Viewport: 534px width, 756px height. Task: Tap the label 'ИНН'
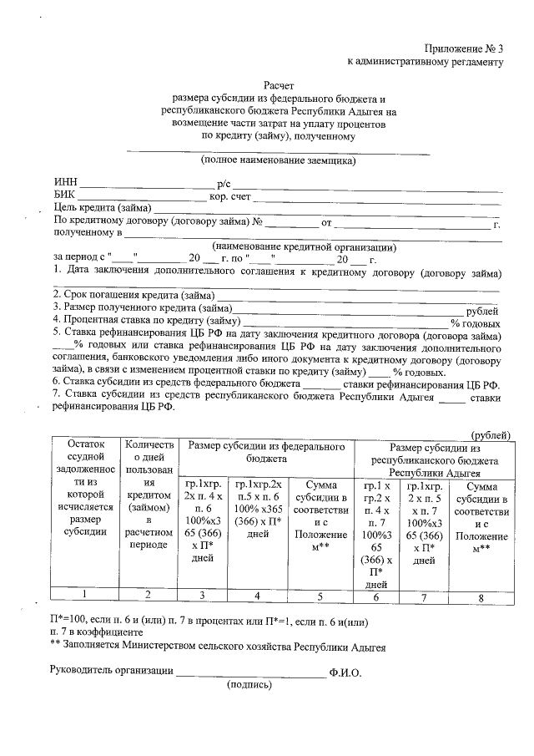(65, 183)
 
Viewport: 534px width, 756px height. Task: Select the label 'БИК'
(64, 195)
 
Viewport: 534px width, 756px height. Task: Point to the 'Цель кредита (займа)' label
(101, 209)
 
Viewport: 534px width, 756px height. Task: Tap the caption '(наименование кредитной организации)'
(303, 247)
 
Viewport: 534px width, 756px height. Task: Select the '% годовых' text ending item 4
(476, 322)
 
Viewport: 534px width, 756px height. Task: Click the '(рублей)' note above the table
(491, 435)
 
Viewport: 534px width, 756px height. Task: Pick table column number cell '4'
(259, 595)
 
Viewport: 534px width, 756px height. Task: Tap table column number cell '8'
(481, 596)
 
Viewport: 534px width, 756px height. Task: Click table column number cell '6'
(375, 596)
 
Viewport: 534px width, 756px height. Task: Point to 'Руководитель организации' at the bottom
(112, 670)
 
